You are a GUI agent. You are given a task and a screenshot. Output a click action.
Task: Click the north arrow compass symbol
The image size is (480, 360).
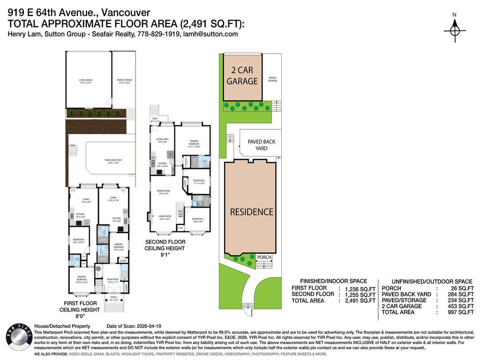(x=454, y=30)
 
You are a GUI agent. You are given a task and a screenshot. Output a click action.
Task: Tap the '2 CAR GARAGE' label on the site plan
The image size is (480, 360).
(x=242, y=75)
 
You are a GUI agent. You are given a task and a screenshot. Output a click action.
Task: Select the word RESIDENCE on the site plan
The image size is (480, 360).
(x=251, y=212)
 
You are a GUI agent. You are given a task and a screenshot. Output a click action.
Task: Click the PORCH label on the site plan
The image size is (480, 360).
(x=264, y=257)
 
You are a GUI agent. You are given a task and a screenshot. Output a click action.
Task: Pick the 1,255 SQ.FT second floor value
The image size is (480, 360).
(x=360, y=294)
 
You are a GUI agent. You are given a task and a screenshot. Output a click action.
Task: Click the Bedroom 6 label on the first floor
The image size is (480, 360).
(x=78, y=241)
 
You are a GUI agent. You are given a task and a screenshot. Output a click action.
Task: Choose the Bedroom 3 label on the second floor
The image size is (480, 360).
(x=197, y=219)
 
